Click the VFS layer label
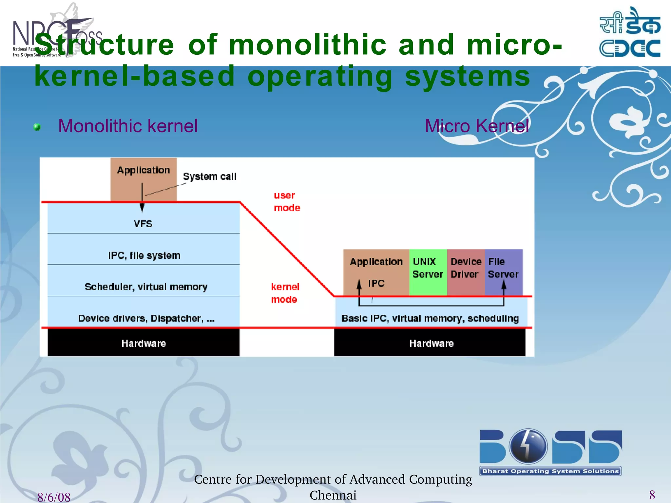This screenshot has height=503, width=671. [x=143, y=224]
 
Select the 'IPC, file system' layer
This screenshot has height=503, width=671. [x=144, y=255]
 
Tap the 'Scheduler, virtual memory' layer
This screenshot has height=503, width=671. [x=146, y=287]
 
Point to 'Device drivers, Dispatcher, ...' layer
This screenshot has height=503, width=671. [x=146, y=318]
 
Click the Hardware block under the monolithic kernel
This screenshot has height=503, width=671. [x=144, y=343]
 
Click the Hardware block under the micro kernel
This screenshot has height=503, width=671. [x=431, y=343]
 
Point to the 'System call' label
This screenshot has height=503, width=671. [x=209, y=177]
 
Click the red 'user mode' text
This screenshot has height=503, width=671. [x=287, y=201]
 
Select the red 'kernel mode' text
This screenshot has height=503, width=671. [x=285, y=293]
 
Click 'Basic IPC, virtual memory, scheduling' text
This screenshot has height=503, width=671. [x=430, y=318]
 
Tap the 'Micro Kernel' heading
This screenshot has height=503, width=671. [x=477, y=126]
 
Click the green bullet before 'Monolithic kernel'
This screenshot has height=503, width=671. [x=37, y=127]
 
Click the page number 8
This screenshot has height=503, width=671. [x=652, y=495]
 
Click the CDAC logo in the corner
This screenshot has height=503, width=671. [x=630, y=33]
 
